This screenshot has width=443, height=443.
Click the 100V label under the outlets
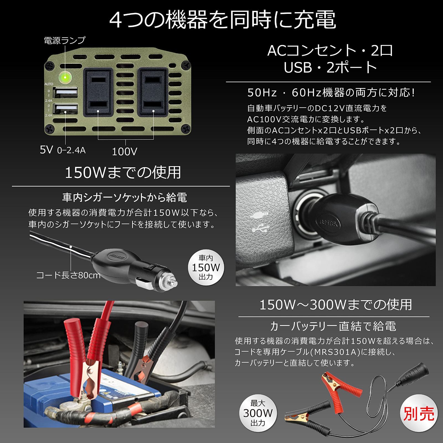click(x=125, y=151)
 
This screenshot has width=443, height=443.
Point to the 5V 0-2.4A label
click(x=63, y=150)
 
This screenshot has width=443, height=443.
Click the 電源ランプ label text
click(x=65, y=40)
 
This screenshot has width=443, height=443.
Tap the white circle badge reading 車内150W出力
click(x=206, y=267)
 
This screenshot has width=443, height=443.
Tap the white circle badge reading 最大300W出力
click(x=258, y=413)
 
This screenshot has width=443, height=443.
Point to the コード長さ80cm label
click(x=68, y=275)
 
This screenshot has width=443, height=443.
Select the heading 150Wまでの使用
click(x=123, y=172)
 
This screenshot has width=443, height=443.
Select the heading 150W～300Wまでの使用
click(x=336, y=305)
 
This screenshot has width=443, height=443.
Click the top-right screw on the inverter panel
click(x=186, y=66)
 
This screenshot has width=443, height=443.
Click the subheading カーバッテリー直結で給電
click(x=333, y=326)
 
